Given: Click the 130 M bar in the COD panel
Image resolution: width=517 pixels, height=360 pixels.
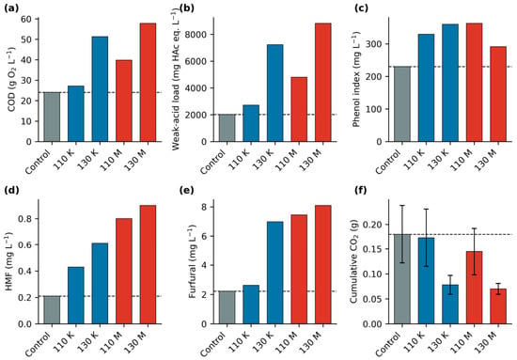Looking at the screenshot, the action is click(x=148, y=83).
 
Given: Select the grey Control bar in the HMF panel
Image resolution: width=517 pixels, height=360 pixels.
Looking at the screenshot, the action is click(x=52, y=310).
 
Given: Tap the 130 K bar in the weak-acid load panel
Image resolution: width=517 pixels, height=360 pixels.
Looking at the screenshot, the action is click(x=275, y=93).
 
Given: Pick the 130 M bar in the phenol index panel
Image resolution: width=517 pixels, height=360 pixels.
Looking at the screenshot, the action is click(x=498, y=94).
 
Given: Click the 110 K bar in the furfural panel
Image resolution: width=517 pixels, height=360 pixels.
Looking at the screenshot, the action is click(x=251, y=305).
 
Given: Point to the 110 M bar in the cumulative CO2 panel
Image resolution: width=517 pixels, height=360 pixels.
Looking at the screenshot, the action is click(x=474, y=288).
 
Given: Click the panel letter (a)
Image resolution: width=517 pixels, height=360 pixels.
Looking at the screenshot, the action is click(x=9, y=8).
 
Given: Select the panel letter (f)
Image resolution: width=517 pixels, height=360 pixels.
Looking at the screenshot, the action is click(x=360, y=191).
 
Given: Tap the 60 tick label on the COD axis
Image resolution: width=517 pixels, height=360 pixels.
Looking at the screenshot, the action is click(x=28, y=19).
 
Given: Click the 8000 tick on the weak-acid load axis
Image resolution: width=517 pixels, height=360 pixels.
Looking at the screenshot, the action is click(x=198, y=35).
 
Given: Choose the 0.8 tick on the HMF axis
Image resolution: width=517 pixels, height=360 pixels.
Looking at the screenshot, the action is click(x=26, y=219).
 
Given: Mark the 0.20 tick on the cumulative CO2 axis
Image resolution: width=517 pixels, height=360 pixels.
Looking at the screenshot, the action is click(x=372, y=225).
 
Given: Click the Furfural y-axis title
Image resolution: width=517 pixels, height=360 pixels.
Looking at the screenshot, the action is click(x=192, y=261).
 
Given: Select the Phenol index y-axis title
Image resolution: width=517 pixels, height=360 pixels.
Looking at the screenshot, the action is click(x=356, y=80).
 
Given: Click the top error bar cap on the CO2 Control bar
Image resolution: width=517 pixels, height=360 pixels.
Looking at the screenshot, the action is click(x=402, y=206).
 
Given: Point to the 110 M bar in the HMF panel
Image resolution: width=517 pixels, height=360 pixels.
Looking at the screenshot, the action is click(x=124, y=271).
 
